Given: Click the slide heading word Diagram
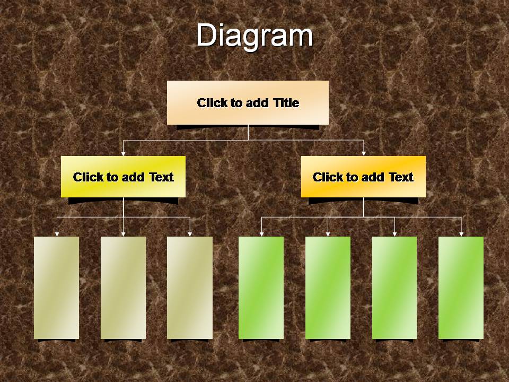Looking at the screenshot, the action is coord(254,36).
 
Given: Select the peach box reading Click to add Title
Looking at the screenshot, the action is coord(248,102).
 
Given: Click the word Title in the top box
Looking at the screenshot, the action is coord(286,102).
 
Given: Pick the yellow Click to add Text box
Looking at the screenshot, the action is coord(124,177).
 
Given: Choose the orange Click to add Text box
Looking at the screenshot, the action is coord(363,177).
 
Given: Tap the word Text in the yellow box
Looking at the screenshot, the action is coord(162,177).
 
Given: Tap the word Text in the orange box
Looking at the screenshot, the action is coord(401,177).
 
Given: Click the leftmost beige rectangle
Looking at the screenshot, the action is coord(57,288).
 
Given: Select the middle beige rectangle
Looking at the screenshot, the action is coord(123,288).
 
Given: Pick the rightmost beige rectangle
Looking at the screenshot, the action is coord(190,288).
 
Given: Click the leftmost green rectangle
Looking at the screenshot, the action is coord(261,288).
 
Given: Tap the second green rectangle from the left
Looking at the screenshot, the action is coord(328,288).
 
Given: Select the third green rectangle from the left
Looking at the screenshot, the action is coord(394,288).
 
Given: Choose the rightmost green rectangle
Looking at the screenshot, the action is coord(461,288).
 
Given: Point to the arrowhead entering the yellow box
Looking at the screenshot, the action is coord(123,154).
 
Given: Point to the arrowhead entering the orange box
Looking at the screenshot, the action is coord(364,154).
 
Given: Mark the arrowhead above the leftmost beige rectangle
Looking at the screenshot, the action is coord(57,234).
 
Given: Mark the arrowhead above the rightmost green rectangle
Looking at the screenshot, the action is coord(461,234).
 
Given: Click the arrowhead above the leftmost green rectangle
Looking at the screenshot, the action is coord(261,234).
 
